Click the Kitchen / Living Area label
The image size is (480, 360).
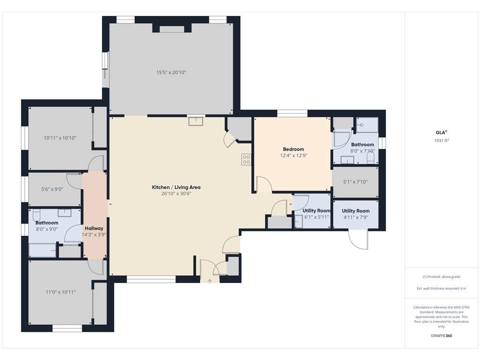point(176,187)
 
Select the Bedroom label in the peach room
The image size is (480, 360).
point(293,149)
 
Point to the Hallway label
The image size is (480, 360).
point(94,228)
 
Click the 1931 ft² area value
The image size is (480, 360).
point(442,141)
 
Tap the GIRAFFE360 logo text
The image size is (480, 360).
point(441,336)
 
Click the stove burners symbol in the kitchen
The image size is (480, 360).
point(246,159)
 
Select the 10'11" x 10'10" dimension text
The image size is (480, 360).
point(60,138)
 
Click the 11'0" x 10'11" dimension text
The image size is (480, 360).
point(60,292)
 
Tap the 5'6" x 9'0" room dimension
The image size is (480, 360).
point(52,189)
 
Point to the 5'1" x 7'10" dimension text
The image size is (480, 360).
point(355,182)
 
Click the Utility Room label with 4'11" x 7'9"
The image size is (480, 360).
point(356,211)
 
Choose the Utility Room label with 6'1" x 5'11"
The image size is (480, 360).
point(316,211)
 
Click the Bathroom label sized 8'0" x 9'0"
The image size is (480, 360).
point(47,223)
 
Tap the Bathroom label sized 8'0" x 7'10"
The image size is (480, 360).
point(362,145)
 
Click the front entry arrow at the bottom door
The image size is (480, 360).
point(210,281)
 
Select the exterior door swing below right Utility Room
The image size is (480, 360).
point(358,239)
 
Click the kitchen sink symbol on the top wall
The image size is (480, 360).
point(195,121)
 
